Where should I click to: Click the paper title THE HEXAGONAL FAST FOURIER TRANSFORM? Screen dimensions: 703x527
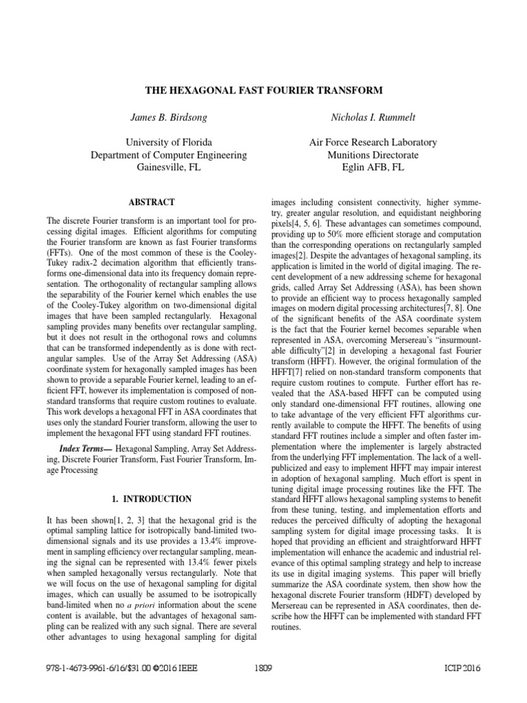point(263,91)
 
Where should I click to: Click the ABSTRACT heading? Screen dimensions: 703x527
point(152,203)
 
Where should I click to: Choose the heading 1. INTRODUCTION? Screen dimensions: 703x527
point(152,498)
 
